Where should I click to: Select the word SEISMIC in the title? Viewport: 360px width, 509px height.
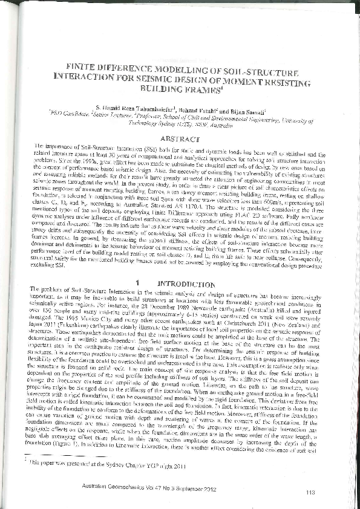(x=180, y=78)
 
